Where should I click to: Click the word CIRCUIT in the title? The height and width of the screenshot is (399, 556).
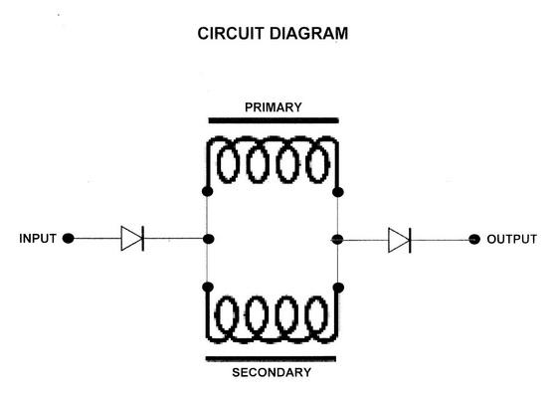click(x=232, y=34)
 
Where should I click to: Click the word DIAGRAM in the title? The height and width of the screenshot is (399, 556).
click(x=309, y=34)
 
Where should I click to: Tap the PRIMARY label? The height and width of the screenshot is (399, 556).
click(x=274, y=107)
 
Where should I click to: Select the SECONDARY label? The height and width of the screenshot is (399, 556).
click(x=272, y=372)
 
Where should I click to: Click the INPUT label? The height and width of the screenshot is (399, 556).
click(x=38, y=239)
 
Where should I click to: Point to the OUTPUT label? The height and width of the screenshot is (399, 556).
click(x=511, y=240)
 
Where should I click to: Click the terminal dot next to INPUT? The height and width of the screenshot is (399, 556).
click(x=68, y=239)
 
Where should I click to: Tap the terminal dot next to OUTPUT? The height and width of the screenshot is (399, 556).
click(x=474, y=240)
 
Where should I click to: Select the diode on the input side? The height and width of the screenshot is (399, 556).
click(x=132, y=239)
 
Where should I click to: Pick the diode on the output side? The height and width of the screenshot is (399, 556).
click(x=400, y=240)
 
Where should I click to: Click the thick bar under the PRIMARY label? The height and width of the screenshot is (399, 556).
click(x=274, y=120)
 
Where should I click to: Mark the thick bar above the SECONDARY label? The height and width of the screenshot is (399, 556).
click(x=271, y=359)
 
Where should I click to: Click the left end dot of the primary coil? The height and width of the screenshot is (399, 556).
click(x=208, y=191)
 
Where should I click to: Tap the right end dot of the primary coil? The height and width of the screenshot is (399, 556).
click(x=338, y=192)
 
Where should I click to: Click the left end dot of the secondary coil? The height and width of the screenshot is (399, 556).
click(x=208, y=287)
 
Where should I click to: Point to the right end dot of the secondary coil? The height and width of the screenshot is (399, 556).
click(x=338, y=288)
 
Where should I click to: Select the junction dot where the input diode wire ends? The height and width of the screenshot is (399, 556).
click(x=209, y=239)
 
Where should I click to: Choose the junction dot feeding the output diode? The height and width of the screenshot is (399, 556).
click(x=337, y=240)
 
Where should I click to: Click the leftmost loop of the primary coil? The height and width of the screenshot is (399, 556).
click(x=218, y=165)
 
